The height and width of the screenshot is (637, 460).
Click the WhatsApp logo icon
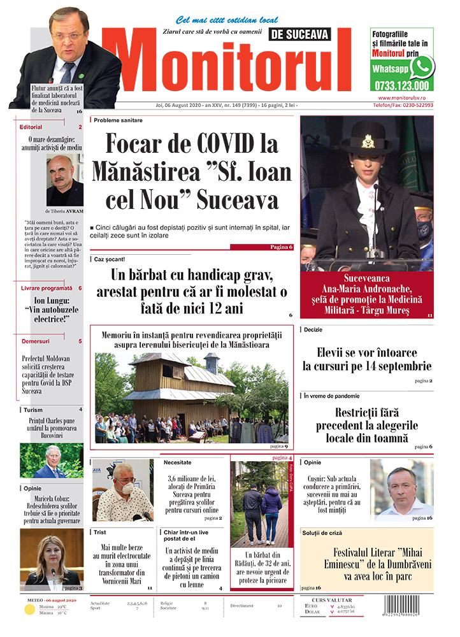421,66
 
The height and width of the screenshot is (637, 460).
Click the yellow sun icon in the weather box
29,610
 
